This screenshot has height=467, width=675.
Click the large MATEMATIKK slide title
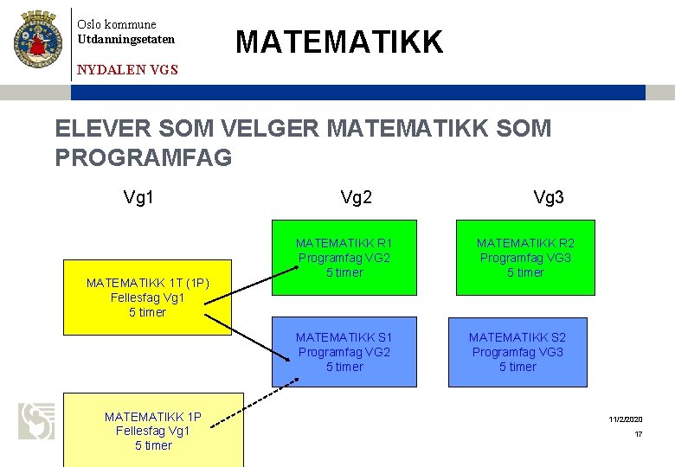[339, 42]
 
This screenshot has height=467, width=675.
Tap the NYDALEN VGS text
[127, 70]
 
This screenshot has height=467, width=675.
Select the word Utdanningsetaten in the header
[126, 40]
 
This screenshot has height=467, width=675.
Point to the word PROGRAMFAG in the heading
[143, 157]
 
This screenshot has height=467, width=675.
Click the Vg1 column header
[138, 198]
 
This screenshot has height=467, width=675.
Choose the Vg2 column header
[357, 198]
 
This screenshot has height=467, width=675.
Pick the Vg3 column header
[549, 198]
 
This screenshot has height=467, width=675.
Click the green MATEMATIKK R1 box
[344, 259]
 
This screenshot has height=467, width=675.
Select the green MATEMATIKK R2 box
[524, 259]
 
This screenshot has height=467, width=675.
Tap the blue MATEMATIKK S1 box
[344, 352]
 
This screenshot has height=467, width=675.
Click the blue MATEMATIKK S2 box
[517, 352]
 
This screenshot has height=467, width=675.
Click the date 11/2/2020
[626, 419]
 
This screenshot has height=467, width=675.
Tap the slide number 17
[639, 434]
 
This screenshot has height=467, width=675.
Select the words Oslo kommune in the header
[117, 24]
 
